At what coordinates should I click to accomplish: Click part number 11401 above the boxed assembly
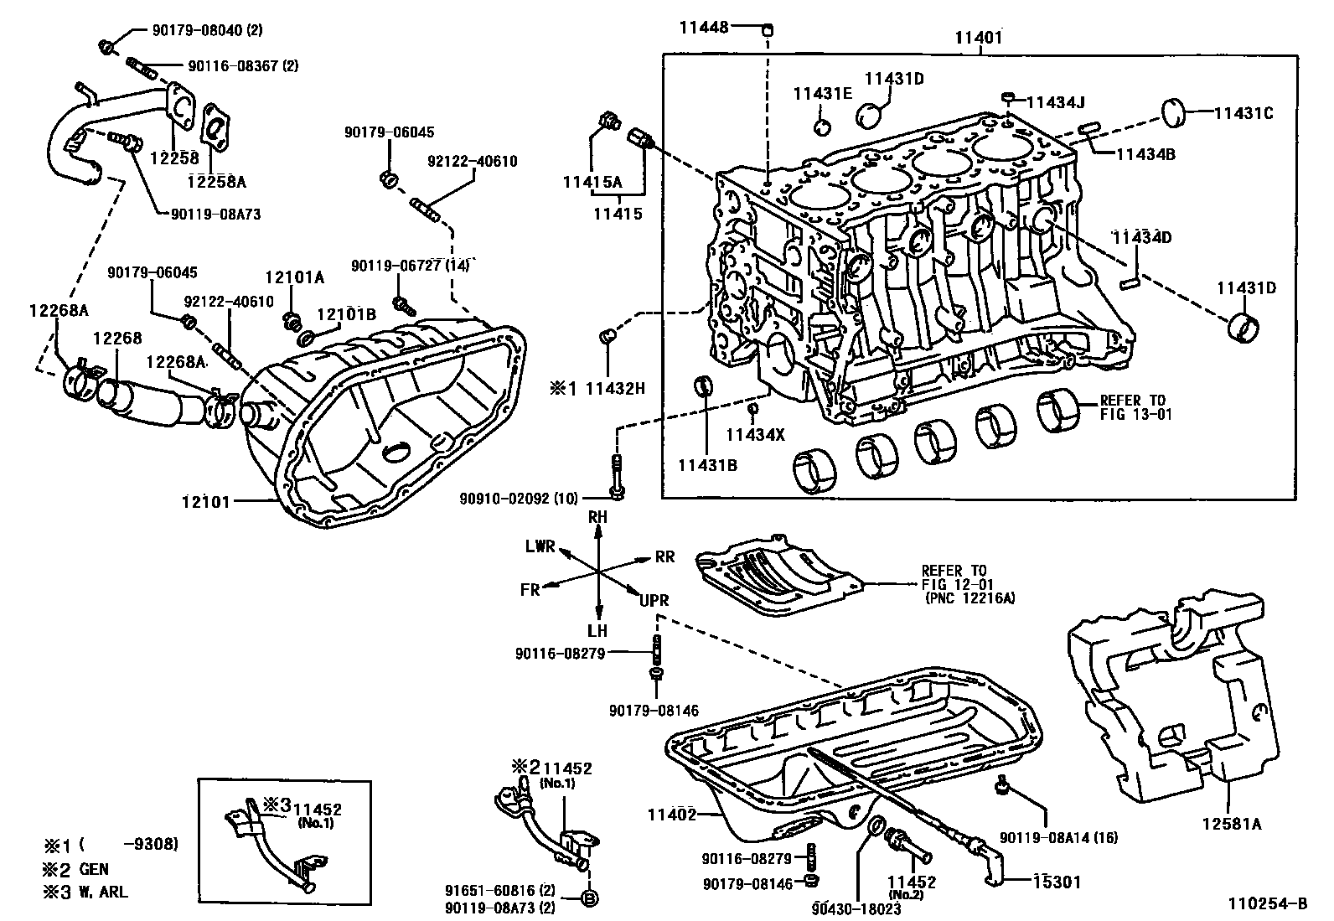(x=978, y=38)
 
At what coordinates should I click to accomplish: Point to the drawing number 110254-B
(x=1267, y=903)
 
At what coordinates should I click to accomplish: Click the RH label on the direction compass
(x=597, y=518)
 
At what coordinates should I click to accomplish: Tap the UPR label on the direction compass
(x=654, y=602)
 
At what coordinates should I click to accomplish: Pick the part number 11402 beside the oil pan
(x=672, y=813)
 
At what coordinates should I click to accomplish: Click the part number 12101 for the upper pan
(x=204, y=501)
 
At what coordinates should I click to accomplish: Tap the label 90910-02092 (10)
(x=519, y=499)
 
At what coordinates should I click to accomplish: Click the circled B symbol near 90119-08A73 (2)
(x=588, y=898)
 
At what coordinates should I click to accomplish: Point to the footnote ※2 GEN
(x=77, y=869)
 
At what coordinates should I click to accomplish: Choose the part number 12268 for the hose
(x=116, y=338)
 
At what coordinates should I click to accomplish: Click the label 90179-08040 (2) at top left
(x=207, y=30)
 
